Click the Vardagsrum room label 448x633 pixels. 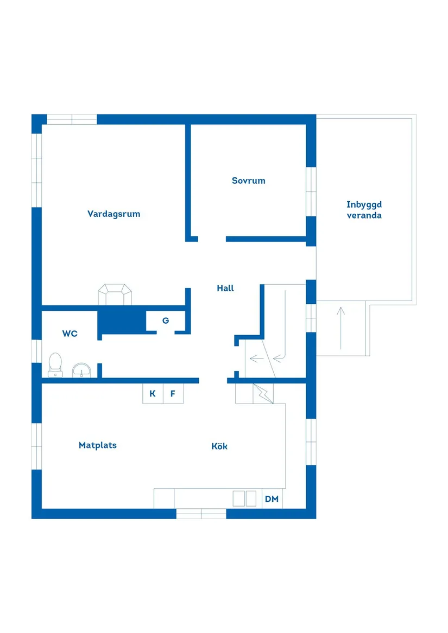tap(113, 214)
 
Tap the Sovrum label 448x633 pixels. tap(248, 181)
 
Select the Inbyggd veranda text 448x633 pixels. tap(364, 210)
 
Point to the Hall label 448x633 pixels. tap(225, 288)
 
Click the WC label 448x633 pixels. tap(70, 334)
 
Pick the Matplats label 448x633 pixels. tap(98, 445)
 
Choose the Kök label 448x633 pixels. tap(219, 446)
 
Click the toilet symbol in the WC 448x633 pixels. tap(55, 365)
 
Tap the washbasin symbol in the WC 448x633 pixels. tap(82, 369)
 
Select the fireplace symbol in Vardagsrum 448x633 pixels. tap(115, 295)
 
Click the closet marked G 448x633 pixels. tap(166, 321)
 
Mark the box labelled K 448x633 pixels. tap(153, 394)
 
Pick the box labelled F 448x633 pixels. tap(173, 394)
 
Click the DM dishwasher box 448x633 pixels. tap(272, 499)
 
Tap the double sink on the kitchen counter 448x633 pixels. tap(244, 498)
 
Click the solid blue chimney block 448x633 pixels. tap(121, 321)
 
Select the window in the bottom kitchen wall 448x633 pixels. tap(201, 514)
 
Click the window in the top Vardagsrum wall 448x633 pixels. tap(72, 119)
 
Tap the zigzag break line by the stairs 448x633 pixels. tap(264, 394)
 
